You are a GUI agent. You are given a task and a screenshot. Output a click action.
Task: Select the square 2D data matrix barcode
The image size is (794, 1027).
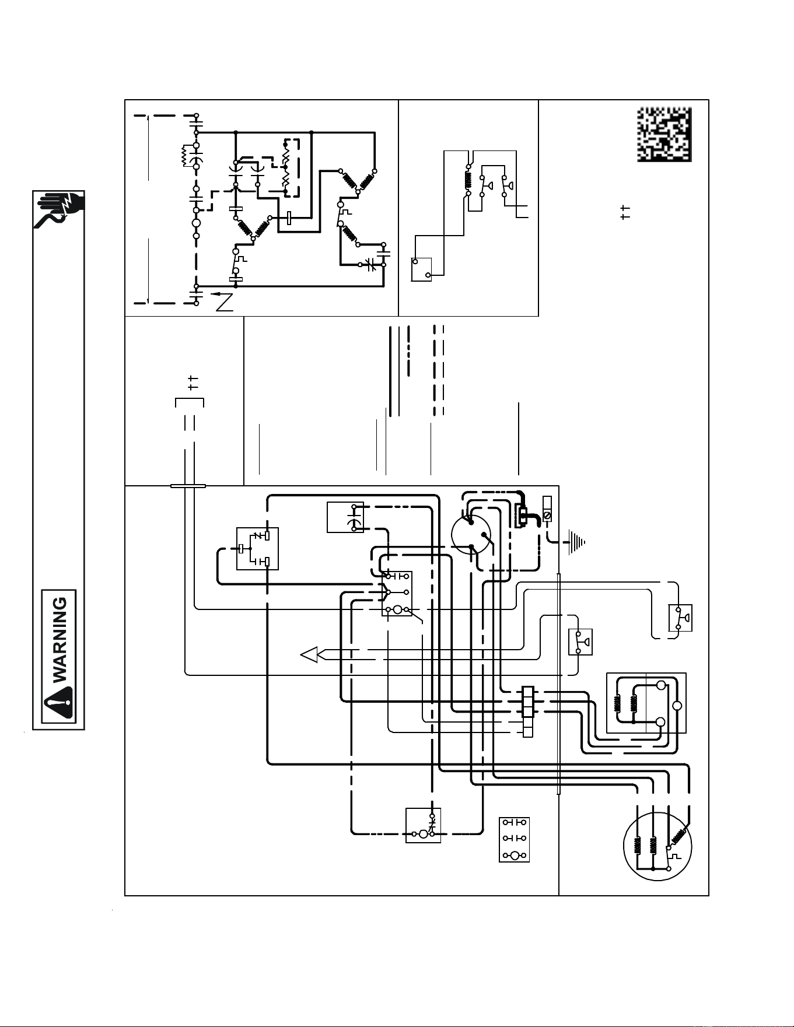pos(664,135)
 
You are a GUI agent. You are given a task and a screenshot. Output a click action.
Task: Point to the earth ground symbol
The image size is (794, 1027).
pos(575,542)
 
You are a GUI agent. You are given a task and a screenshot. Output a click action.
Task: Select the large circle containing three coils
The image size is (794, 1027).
pos(657,848)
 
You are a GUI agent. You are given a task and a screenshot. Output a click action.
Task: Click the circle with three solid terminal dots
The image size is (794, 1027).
pos(471,534)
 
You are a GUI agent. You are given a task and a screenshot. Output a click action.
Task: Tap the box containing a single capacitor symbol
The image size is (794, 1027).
pos(345,517)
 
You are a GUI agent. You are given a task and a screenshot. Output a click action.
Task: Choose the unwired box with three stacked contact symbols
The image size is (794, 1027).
pos(515,840)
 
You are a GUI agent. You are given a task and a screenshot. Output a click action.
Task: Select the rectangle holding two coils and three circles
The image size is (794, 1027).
pos(646,703)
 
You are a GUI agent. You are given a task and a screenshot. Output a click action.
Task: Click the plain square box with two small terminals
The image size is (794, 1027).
pos(422,269)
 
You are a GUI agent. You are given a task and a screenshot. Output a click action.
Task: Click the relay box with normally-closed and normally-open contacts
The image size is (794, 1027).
pos(257,549)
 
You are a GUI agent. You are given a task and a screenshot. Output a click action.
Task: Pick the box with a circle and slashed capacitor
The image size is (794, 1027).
pos(424,825)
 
